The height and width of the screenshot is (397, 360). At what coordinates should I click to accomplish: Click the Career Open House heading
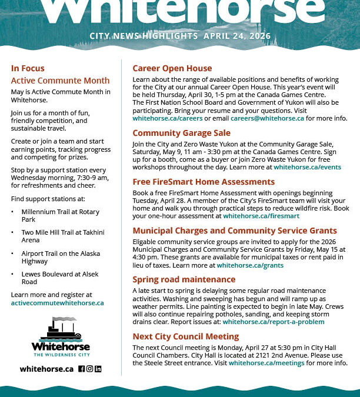(172, 68)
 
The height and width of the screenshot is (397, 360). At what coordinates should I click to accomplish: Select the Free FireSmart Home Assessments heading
(195, 182)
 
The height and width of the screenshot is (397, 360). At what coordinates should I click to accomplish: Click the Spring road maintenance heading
(184, 279)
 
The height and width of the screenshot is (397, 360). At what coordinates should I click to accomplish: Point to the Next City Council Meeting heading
(185, 336)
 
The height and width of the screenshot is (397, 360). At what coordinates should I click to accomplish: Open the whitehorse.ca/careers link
(163, 118)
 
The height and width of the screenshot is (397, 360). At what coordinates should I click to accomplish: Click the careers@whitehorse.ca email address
(267, 118)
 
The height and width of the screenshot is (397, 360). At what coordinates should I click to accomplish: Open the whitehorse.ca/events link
(307, 167)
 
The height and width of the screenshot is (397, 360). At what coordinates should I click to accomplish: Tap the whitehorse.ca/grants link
(250, 265)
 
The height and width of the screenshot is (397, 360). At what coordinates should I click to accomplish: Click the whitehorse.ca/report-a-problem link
(273, 322)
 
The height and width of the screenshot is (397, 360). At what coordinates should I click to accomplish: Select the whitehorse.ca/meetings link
(266, 363)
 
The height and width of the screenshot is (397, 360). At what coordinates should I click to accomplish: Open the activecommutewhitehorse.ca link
(57, 303)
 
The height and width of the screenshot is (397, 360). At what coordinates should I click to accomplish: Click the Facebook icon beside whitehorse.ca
(82, 369)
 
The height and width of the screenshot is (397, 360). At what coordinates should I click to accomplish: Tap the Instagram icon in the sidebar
(90, 369)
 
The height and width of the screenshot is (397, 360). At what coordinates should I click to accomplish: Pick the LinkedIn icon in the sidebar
(98, 369)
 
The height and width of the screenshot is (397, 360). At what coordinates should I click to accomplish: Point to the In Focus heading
(28, 68)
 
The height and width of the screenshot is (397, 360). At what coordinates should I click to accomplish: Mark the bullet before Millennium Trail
(13, 212)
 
